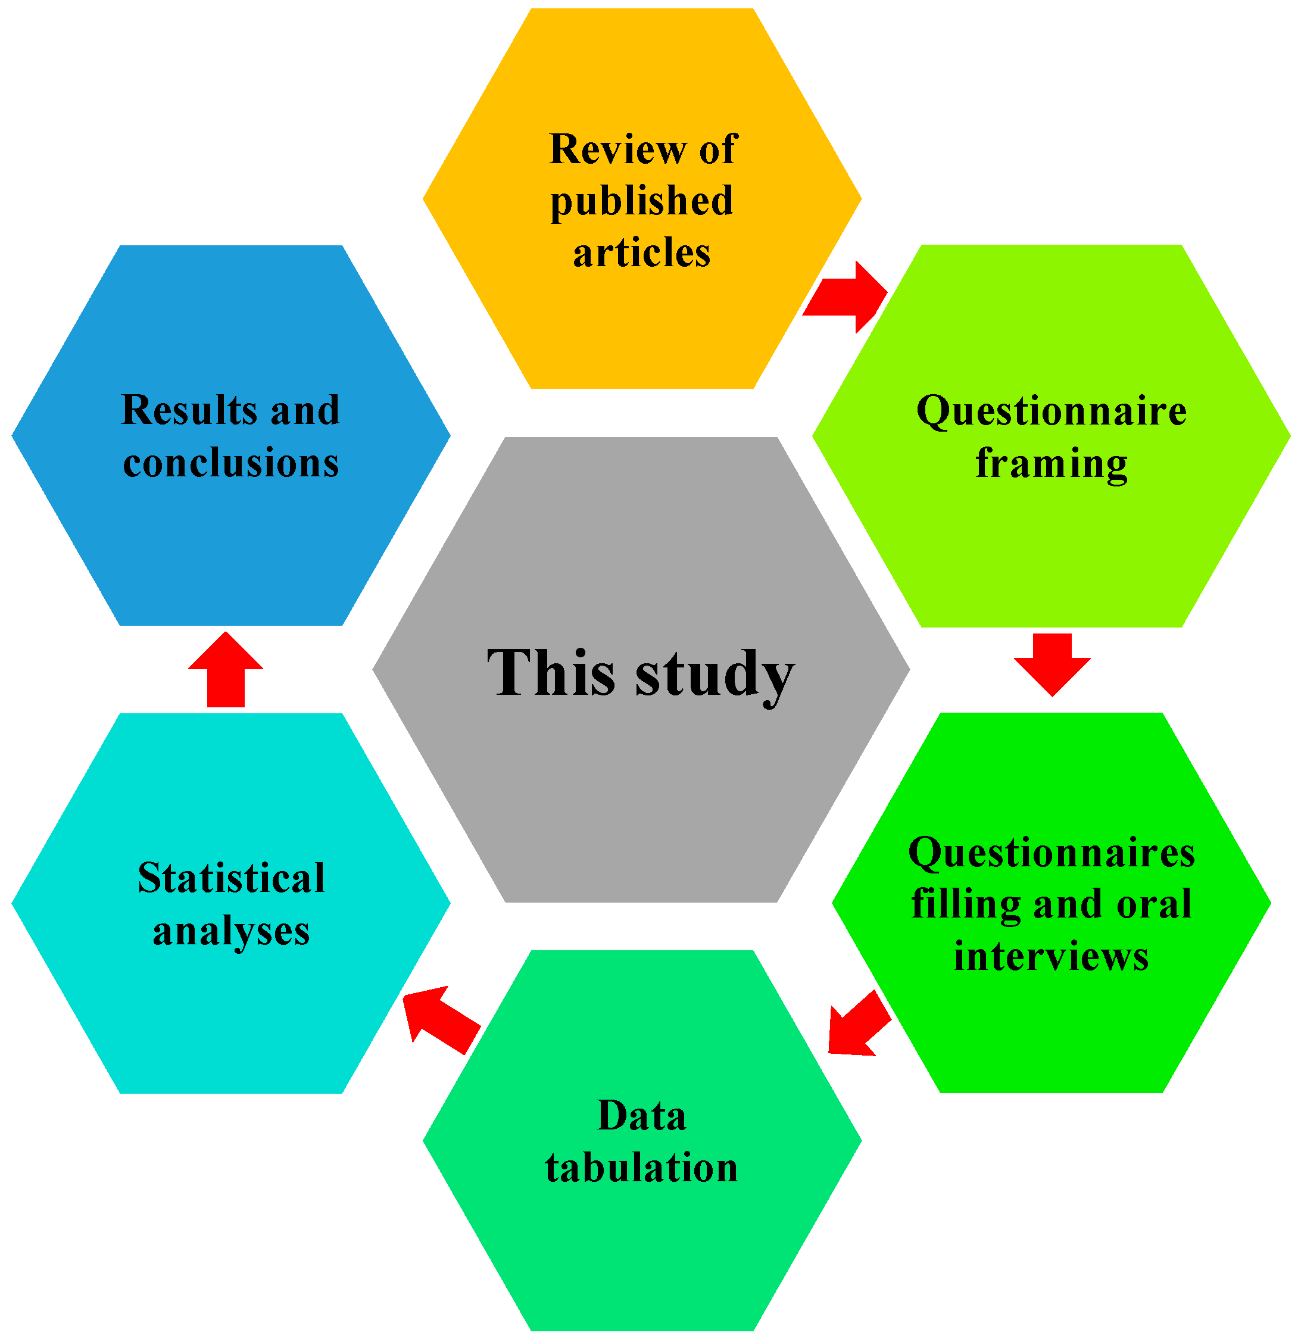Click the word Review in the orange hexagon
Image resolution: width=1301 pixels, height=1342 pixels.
click(x=617, y=149)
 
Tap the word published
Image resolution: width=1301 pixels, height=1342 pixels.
click(x=642, y=201)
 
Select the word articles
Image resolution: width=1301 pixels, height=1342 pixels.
click(x=642, y=252)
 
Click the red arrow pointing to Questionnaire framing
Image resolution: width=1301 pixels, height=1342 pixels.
click(x=847, y=297)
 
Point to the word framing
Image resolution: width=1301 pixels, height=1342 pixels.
click(x=1051, y=464)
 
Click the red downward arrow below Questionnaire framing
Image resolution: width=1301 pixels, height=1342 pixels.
click(x=1052, y=663)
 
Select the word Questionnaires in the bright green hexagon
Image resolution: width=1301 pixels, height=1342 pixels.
click(x=1051, y=853)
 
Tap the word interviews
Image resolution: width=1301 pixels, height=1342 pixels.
click(x=1051, y=957)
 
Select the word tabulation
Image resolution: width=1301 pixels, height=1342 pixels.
click(x=642, y=1168)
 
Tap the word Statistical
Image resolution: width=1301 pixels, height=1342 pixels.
click(x=231, y=878)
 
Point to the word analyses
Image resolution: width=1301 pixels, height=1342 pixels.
click(x=231, y=931)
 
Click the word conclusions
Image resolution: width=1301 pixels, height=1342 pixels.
click(x=231, y=463)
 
